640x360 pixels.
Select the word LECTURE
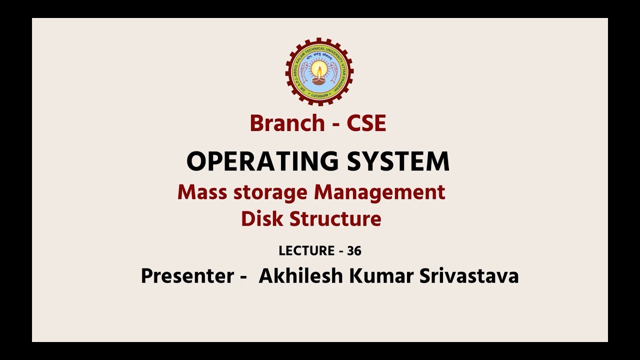[x=306, y=251]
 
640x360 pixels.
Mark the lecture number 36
[x=354, y=251]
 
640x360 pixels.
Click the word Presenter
[x=187, y=276]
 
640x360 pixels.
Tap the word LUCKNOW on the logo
[x=319, y=94]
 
